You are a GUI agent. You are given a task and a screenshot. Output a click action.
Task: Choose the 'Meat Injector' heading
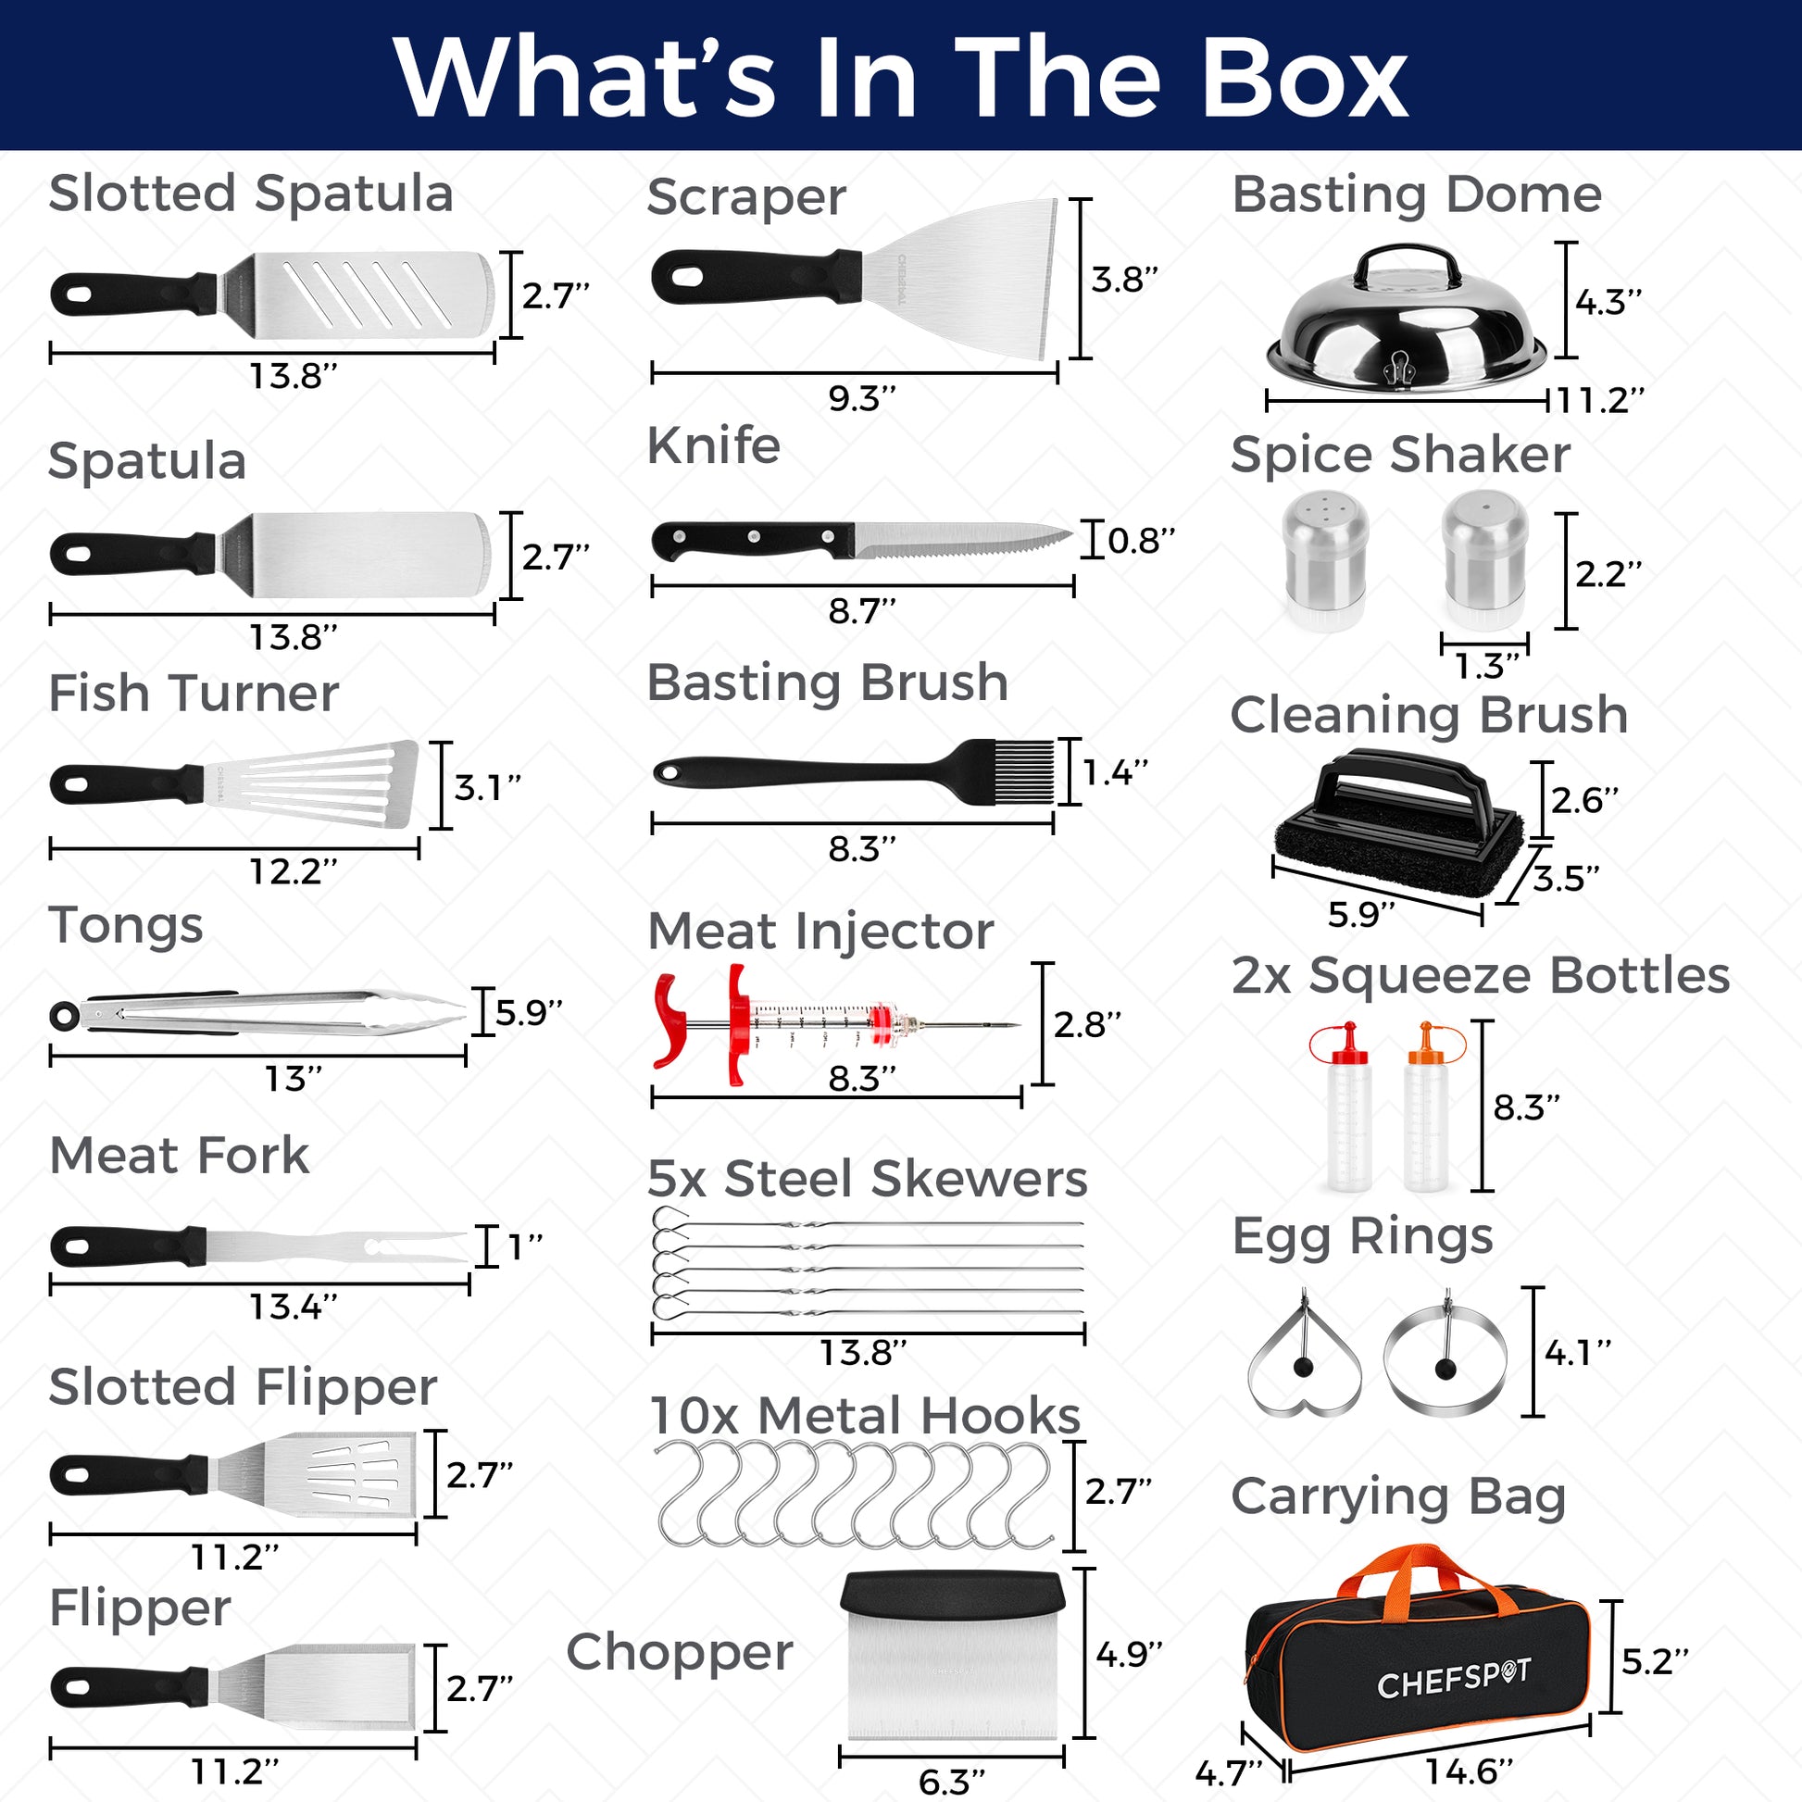(x=820, y=931)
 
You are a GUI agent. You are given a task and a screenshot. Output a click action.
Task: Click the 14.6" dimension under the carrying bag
(x=1468, y=1771)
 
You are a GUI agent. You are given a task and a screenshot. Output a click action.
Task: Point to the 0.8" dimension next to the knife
(x=1141, y=540)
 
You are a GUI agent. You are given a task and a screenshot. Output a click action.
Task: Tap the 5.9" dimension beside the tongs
(x=529, y=1012)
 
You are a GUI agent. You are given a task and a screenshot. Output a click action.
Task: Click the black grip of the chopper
(x=952, y=1594)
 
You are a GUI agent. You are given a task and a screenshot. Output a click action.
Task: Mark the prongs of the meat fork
(x=415, y=1246)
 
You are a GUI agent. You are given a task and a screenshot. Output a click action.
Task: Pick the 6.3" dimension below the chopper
(x=951, y=1782)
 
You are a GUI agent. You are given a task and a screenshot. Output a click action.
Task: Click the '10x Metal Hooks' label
(x=865, y=1415)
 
